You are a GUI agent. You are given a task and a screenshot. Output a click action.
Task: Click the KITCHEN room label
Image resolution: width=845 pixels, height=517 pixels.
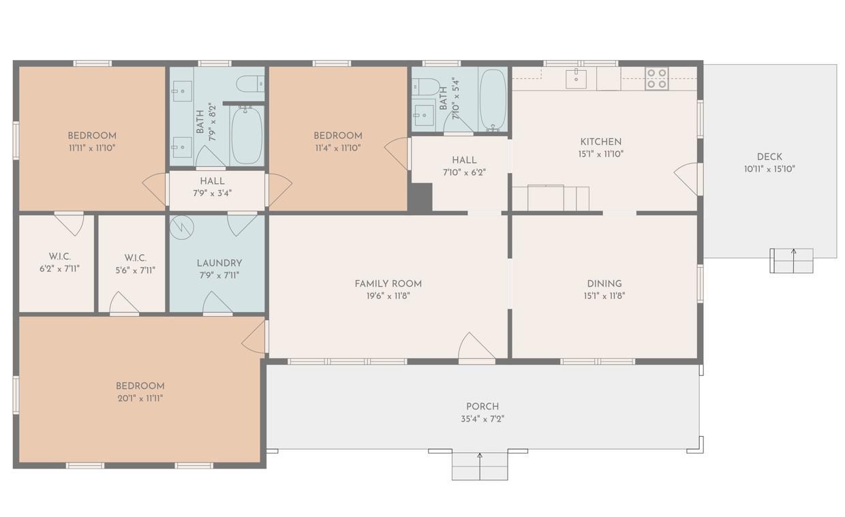(x=601, y=142)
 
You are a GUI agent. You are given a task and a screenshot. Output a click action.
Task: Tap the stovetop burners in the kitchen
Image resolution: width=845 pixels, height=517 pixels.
(x=657, y=78)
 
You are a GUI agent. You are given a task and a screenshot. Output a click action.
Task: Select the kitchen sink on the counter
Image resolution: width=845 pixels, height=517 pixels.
(x=576, y=78)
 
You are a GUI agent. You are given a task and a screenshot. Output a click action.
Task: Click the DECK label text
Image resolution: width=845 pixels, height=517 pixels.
(x=769, y=157)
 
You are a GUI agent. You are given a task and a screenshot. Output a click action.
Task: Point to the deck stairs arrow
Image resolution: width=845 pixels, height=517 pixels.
(x=794, y=261)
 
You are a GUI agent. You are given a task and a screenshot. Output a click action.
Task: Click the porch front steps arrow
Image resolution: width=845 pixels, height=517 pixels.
(x=480, y=467)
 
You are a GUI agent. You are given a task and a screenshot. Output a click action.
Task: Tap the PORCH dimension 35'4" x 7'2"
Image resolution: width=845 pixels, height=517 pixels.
(x=482, y=419)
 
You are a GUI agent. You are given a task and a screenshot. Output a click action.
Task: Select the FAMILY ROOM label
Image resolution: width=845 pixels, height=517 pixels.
(x=388, y=283)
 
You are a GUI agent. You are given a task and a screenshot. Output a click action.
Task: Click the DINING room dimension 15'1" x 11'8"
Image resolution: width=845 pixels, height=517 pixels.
(x=604, y=296)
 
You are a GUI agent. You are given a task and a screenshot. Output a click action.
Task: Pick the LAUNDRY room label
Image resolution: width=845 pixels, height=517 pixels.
(x=219, y=263)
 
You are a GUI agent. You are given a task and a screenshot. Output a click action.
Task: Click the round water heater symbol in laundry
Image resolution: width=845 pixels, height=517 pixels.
(x=181, y=228)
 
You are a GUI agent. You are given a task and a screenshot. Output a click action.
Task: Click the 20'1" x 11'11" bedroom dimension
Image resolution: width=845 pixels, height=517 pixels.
(x=140, y=398)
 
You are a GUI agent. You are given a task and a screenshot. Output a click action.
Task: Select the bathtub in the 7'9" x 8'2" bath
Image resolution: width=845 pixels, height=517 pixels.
(x=247, y=136)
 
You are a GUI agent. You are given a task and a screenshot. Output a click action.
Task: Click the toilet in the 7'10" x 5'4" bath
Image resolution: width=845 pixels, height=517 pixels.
(x=425, y=87)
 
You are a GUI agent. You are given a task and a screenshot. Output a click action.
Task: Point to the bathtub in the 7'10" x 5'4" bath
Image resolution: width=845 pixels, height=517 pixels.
(x=493, y=99)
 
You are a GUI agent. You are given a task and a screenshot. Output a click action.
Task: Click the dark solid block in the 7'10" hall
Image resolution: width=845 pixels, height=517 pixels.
(x=421, y=198)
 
